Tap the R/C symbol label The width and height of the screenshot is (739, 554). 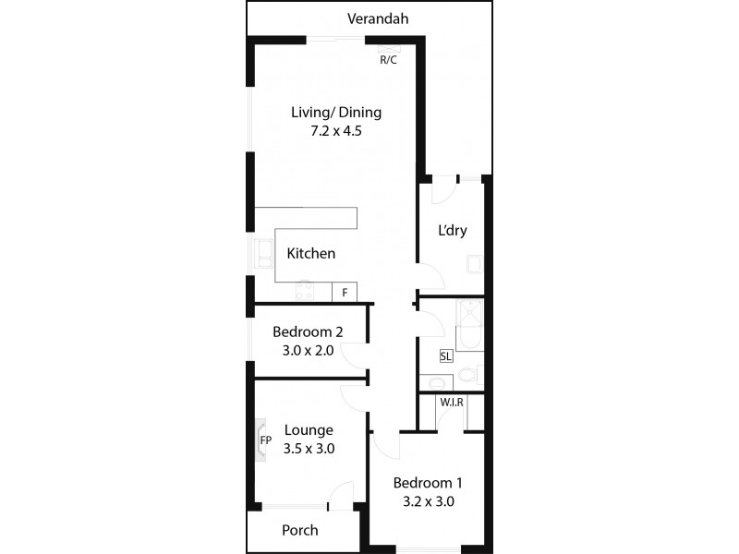pos(388,60)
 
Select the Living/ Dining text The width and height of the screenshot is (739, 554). pos(336,113)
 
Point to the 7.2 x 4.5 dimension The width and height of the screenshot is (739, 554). pos(336,131)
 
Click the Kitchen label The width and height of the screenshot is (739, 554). pos(310,253)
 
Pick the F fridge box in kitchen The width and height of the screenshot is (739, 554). pos(345,293)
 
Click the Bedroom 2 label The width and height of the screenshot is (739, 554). pos(308,332)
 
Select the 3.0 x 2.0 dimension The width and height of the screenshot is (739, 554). pos(308,351)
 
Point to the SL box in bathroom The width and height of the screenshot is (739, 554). pos(446,355)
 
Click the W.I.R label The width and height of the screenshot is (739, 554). pos(452,403)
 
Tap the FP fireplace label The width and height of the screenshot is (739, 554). pos(265,440)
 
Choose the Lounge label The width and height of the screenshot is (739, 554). pos(309,430)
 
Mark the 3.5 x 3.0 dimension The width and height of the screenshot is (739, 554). pos(309,449)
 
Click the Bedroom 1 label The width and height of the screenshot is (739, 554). pos(428,483)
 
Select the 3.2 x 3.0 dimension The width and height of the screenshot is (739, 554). pos(428,502)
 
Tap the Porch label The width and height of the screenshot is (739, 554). pos(299,530)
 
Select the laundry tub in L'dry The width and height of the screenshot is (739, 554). pos(474,265)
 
